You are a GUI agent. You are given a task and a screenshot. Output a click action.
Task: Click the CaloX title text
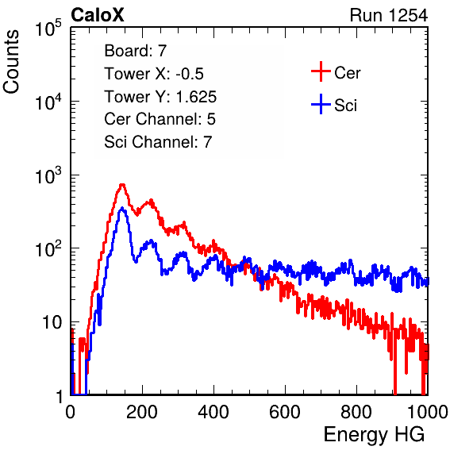coord(97,15)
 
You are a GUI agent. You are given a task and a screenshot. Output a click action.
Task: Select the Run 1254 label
coord(389,15)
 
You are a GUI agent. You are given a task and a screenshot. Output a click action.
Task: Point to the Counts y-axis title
coord(11,62)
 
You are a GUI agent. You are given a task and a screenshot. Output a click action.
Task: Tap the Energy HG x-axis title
coord(374,435)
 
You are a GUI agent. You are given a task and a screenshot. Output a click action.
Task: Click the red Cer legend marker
coord(321,71)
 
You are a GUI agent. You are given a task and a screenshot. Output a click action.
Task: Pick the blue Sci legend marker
coord(321,105)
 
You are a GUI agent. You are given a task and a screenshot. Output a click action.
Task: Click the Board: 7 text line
coord(136,51)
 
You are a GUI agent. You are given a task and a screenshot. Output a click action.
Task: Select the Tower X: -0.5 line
coord(154,74)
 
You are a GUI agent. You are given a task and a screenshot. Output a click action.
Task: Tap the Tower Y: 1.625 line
coord(160,97)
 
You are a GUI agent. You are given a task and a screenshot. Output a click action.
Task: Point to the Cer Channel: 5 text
coord(160,119)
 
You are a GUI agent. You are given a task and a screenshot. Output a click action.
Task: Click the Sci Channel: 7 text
coord(158,142)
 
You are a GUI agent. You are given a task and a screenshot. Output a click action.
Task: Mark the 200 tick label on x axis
coord(142,412)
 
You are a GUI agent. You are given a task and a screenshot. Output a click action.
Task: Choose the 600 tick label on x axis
coord(285,412)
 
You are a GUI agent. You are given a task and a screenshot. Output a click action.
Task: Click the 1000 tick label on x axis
coord(428,412)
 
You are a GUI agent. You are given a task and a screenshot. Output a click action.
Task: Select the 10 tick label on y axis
coord(52,322)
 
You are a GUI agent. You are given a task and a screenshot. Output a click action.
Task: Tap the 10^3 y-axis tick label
coord(48,175)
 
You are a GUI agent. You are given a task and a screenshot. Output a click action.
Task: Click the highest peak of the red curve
coord(122,185)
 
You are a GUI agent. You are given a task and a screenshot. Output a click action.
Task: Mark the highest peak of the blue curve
coord(122,208)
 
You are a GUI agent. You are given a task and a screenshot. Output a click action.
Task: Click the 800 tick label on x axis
coord(356,412)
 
